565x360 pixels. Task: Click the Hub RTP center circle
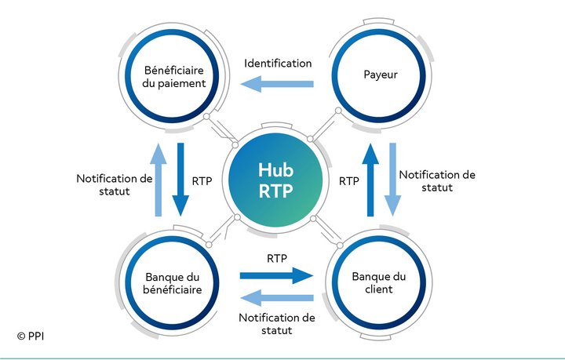275,180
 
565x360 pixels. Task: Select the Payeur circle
379,76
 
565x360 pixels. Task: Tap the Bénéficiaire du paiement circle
172,76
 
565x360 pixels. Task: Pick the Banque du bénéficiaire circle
172,283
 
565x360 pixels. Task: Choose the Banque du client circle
379,283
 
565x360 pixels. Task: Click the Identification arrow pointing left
277,84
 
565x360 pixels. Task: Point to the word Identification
278,64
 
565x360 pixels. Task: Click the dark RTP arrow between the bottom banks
276,276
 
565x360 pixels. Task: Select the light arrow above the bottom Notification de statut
277,298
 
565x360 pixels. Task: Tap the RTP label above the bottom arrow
277,258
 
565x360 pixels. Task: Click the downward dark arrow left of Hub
180,180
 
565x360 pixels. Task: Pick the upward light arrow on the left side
159,180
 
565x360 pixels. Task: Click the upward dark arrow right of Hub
370,180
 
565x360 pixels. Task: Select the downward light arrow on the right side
392,180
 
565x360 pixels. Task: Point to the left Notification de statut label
115,184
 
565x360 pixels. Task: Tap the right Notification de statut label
437,181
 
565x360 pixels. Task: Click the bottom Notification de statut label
277,324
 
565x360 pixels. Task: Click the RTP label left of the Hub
202,181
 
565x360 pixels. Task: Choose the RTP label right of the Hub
348,181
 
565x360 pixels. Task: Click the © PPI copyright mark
31,336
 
